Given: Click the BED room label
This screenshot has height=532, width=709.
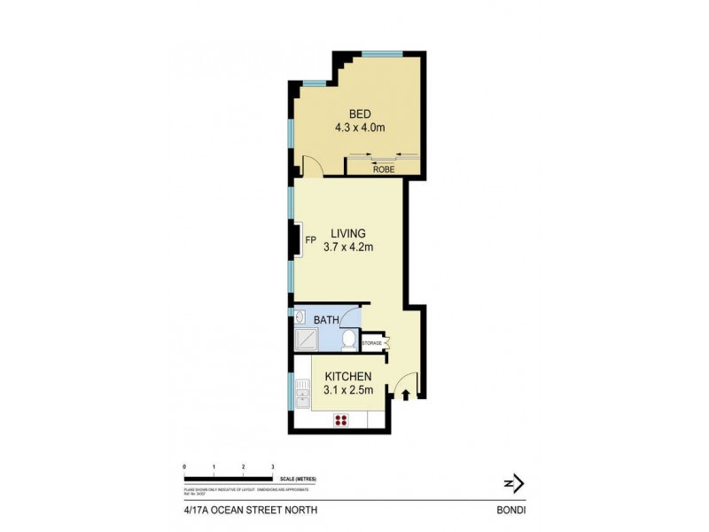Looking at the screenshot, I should pyautogui.click(x=359, y=113).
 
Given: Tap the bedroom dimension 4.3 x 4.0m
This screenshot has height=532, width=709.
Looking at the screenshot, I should pyautogui.click(x=359, y=128).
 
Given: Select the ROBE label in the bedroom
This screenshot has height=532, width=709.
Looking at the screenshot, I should pyautogui.click(x=383, y=168).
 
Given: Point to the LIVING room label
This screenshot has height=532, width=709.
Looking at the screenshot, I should pyautogui.click(x=348, y=233).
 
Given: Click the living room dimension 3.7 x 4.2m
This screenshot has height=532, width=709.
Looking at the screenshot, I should pyautogui.click(x=348, y=247).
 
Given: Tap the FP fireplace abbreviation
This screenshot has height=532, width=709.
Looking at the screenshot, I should pyautogui.click(x=310, y=240).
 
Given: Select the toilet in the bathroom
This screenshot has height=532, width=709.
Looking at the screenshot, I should pyautogui.click(x=348, y=340).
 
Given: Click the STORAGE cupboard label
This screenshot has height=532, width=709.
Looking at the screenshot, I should pyautogui.click(x=371, y=342).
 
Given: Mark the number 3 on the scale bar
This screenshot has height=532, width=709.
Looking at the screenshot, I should pyautogui.click(x=272, y=465).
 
